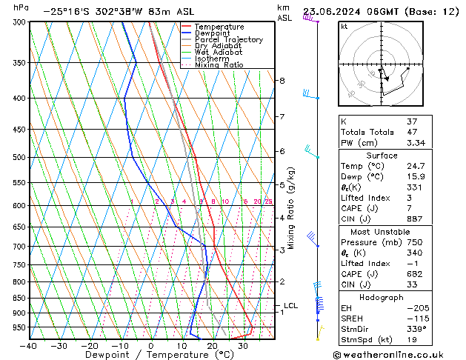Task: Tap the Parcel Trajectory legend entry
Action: click(228, 40)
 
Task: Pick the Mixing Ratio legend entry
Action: click(219, 65)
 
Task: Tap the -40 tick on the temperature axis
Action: click(29, 346)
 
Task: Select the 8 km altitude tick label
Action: click(282, 80)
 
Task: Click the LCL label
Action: click(290, 305)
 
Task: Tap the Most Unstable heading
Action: click(382, 232)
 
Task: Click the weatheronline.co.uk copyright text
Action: click(397, 354)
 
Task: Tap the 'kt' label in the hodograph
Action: click(344, 27)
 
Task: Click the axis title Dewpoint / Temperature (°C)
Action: click(151, 355)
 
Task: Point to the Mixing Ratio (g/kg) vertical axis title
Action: click(291, 207)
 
